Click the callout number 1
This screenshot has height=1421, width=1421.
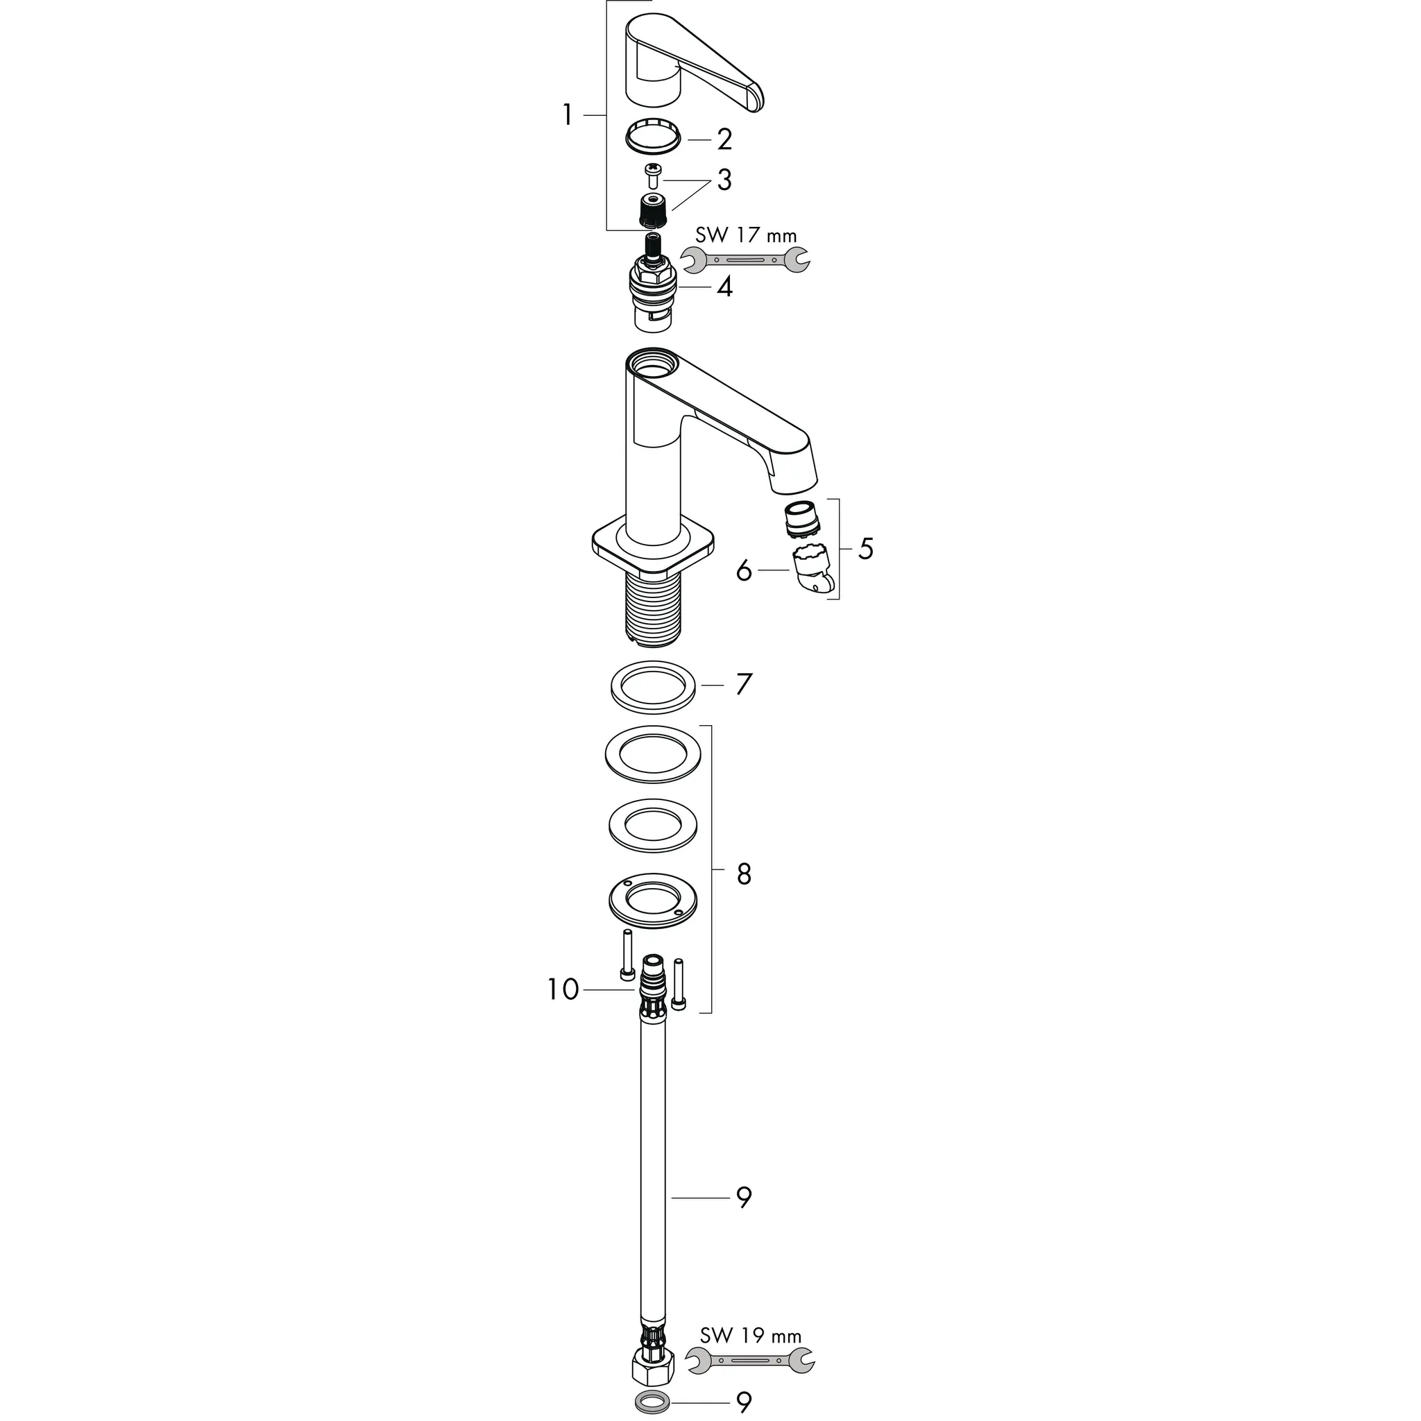point(567,115)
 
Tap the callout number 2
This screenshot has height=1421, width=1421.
point(724,139)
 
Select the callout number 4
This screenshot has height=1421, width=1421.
point(725,287)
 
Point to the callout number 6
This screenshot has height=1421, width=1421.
point(744,570)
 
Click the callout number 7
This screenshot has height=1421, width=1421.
point(744,685)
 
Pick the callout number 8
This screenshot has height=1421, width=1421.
point(744,874)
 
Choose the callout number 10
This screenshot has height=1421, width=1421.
point(563,990)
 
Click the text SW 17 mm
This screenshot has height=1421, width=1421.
point(745,235)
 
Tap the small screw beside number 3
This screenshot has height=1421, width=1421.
point(652,171)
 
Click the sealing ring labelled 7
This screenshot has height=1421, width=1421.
point(653,687)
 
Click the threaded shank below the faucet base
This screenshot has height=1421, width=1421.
point(653,607)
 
